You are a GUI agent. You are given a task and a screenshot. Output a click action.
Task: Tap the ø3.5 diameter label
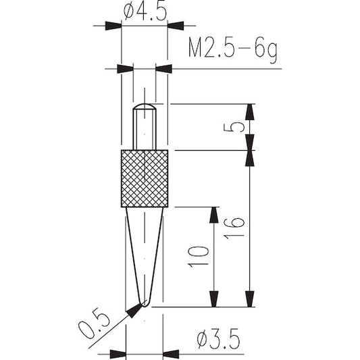tap(218, 338)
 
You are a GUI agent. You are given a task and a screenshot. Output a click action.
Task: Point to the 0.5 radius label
tap(94, 324)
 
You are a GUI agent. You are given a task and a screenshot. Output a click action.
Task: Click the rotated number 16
tap(234, 228)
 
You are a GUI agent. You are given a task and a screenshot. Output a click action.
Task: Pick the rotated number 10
tap(199, 257)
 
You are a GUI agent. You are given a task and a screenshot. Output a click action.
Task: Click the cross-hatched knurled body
tap(145, 178)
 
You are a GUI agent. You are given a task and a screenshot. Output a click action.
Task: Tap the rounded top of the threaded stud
tap(145, 106)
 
